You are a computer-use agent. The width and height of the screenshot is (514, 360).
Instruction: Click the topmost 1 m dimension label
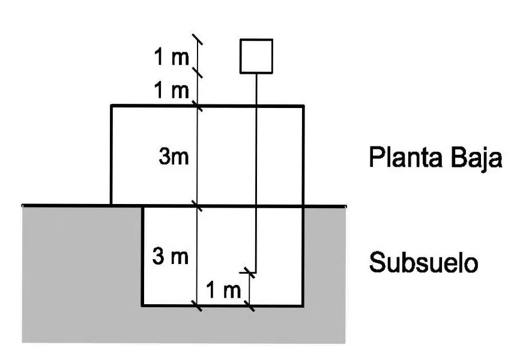pyautogui.click(x=172, y=56)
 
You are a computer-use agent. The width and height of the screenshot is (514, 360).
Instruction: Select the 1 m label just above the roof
pyautogui.click(x=172, y=90)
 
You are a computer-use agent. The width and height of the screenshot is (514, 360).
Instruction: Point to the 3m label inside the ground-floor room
pyautogui.click(x=174, y=156)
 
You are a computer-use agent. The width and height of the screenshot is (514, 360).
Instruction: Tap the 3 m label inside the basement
pyautogui.click(x=171, y=256)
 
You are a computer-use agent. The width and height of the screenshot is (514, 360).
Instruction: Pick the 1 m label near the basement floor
pyautogui.click(x=223, y=290)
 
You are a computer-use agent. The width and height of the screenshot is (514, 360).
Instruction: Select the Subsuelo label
pyautogui.click(x=423, y=262)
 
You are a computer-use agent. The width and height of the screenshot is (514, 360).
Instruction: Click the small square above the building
pyautogui.click(x=256, y=56)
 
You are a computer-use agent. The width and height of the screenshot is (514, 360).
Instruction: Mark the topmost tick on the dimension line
pyautogui.click(x=197, y=39)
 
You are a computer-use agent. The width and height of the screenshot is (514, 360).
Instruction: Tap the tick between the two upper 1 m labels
pyautogui.click(x=197, y=72)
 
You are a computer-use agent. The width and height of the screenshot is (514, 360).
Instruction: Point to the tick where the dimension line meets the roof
pyautogui.click(x=197, y=106)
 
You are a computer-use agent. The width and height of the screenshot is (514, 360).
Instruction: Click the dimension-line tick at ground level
pyautogui.click(x=197, y=206)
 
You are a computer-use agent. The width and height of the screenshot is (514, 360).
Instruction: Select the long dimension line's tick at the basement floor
pyautogui.click(x=197, y=305)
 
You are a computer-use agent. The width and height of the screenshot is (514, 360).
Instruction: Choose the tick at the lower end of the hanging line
pyautogui.click(x=250, y=272)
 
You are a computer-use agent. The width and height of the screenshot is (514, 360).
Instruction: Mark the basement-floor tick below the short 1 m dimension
pyautogui.click(x=250, y=305)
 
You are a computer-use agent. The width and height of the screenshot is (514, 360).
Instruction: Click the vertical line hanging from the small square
pyautogui.click(x=256, y=173)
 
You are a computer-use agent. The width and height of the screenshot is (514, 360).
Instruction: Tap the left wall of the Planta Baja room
pyautogui.click(x=112, y=155)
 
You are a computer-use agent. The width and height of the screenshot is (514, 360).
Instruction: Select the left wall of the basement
pyautogui.click(x=142, y=256)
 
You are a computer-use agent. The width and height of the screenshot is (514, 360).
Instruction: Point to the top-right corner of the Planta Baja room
pyautogui.click(x=304, y=106)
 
